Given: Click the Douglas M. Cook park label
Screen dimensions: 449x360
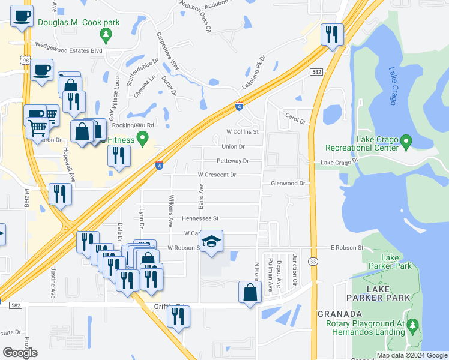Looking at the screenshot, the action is [79, 23].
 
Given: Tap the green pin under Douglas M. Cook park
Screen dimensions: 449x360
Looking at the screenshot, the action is [106, 36].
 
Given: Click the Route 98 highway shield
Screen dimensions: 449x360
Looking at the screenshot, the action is [24, 60].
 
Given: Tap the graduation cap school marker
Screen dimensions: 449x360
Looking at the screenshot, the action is [211, 242].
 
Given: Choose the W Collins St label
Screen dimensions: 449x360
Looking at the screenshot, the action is [242, 131].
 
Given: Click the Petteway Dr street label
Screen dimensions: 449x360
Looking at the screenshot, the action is [232, 161].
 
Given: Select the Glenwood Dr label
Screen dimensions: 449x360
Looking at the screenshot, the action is [288, 183].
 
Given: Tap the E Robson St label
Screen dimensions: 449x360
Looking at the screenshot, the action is [347, 247].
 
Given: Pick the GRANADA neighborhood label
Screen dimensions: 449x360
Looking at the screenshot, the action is [339, 314].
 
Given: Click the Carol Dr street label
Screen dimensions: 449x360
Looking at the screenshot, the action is [295, 117].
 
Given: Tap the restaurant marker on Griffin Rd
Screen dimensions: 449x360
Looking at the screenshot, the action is [178, 317].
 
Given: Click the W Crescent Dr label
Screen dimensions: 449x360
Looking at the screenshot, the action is [217, 175].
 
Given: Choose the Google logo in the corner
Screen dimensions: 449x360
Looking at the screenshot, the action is [19, 353].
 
